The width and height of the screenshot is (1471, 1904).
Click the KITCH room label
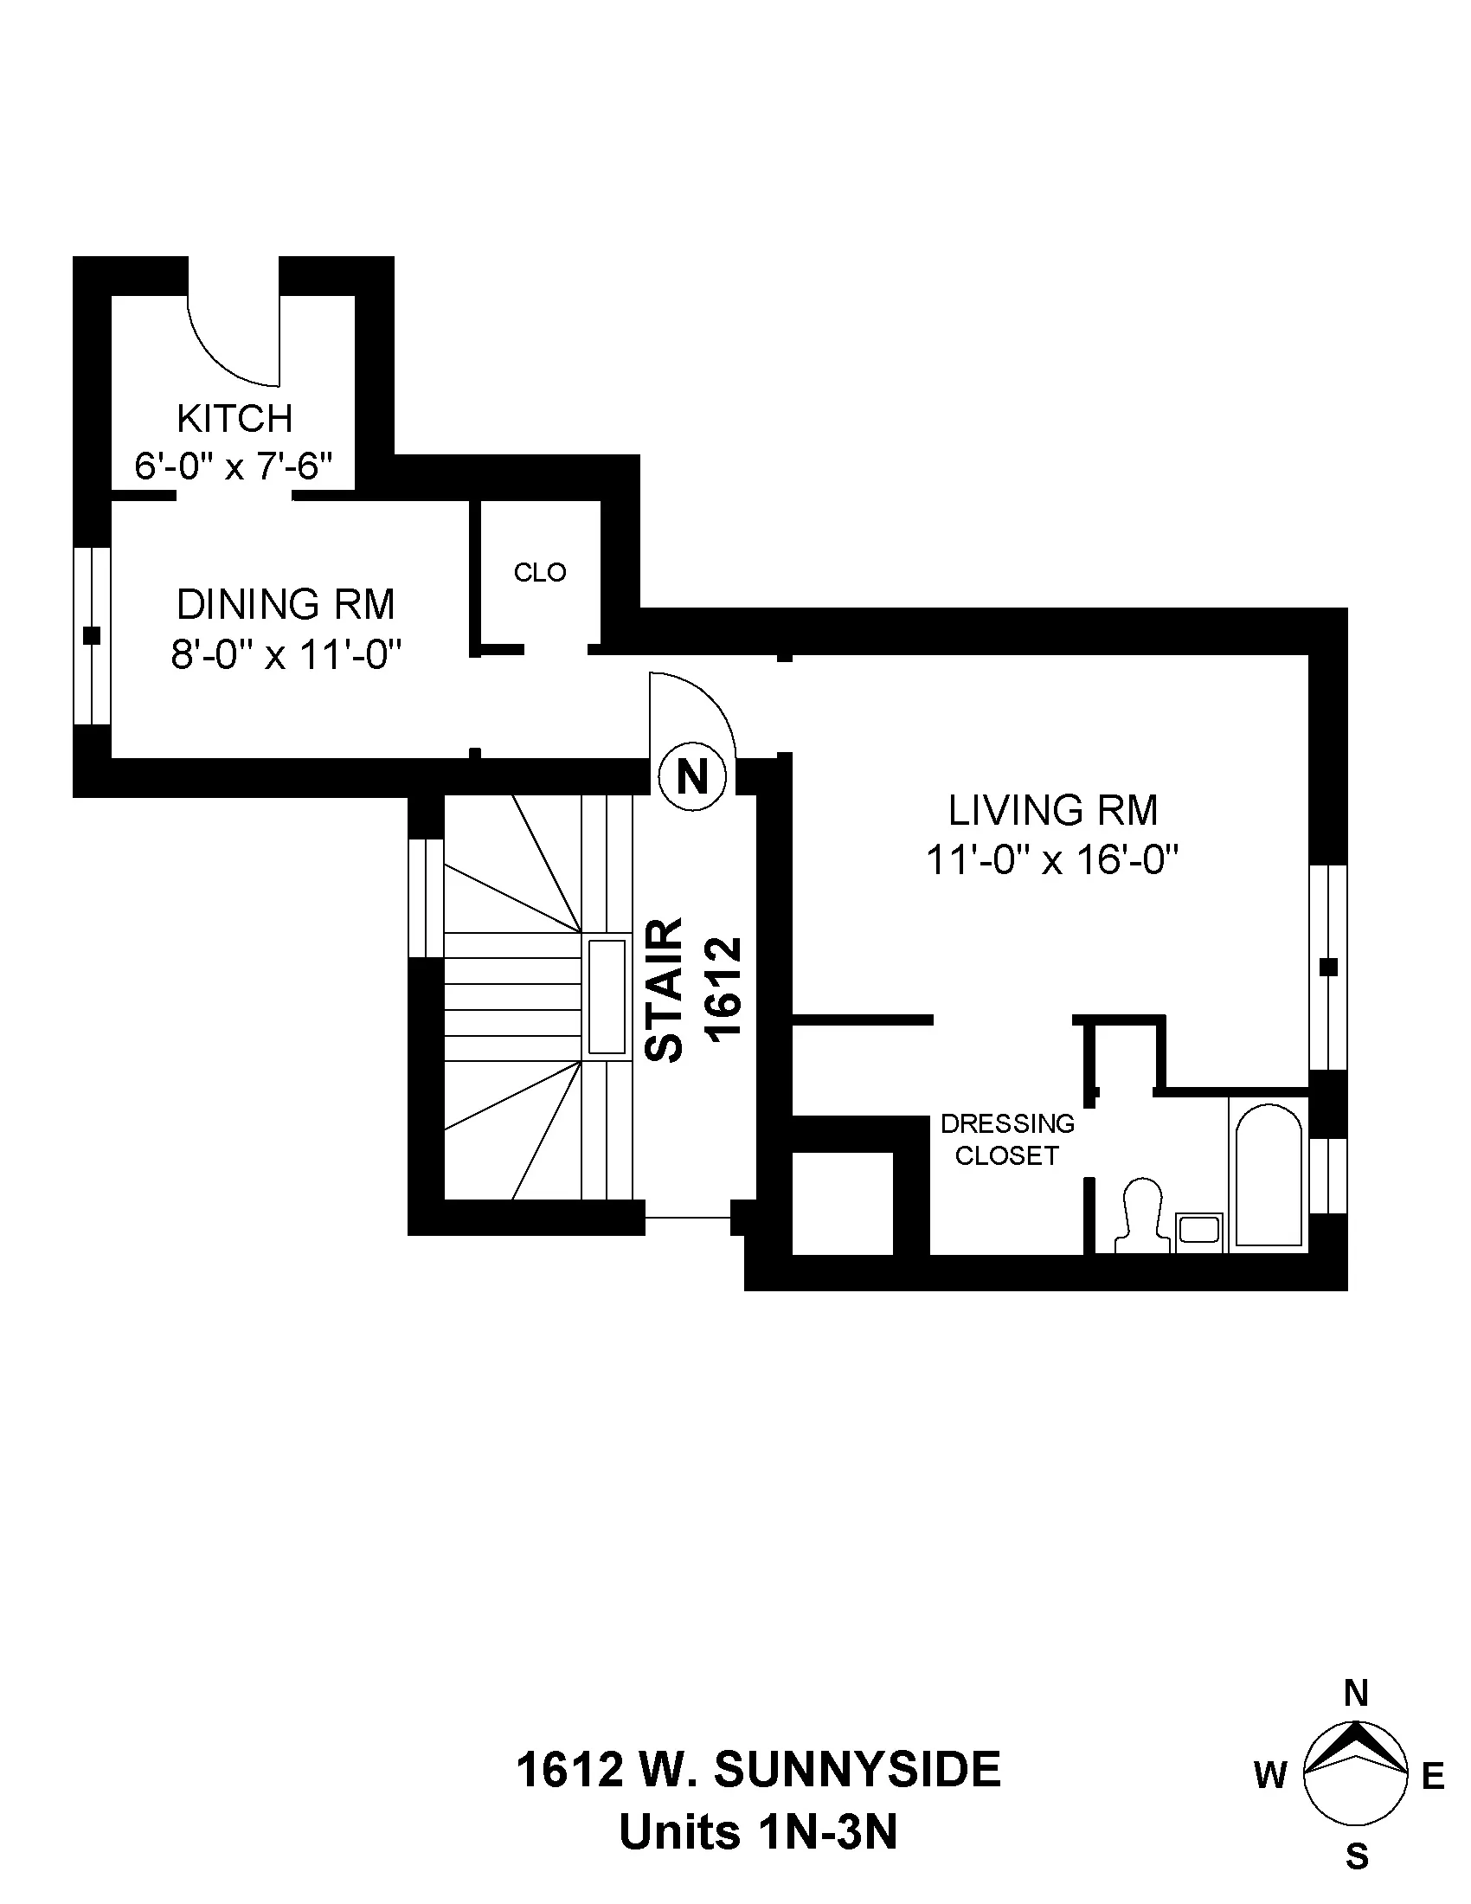tap(234, 420)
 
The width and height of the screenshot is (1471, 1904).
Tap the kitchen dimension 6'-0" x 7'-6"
tap(234, 466)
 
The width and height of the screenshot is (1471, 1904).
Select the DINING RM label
tap(286, 604)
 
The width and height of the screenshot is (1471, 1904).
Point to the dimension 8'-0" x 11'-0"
tap(286, 653)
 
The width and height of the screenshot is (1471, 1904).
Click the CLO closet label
tap(539, 573)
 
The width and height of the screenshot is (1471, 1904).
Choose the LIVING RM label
tap(1053, 811)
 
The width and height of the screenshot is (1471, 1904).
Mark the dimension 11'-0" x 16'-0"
tap(1053, 861)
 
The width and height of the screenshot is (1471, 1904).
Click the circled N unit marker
tap(692, 776)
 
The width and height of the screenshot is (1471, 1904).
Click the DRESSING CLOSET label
tap(1006, 1140)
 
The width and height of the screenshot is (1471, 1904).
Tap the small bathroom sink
tap(1199, 1232)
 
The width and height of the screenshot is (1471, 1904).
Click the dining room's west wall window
tap(92, 635)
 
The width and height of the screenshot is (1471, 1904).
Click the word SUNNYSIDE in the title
tap(858, 1770)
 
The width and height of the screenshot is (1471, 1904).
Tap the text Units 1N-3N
tap(758, 1832)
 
